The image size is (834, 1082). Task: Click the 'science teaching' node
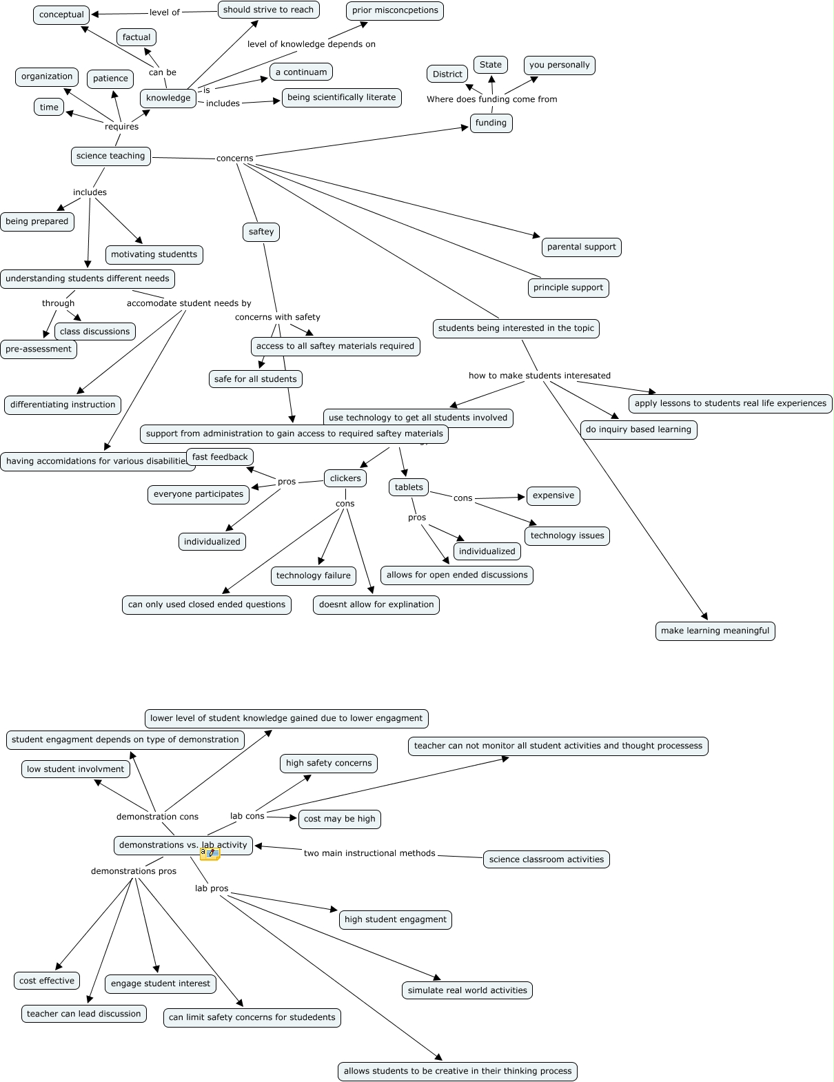click(110, 156)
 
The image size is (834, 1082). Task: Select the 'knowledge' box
click(168, 98)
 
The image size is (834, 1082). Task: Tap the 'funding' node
click(491, 123)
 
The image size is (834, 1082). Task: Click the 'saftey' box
click(261, 232)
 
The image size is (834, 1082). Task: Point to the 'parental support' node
click(581, 247)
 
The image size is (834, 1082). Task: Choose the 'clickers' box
click(345, 478)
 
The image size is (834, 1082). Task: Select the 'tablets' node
click(409, 487)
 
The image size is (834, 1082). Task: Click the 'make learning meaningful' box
click(715, 631)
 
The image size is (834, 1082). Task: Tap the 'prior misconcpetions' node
click(394, 10)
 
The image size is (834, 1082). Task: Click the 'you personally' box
click(559, 65)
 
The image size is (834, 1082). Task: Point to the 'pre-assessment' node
click(39, 349)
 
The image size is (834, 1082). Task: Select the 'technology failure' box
click(313, 575)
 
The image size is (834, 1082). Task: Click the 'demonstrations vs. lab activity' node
click(183, 845)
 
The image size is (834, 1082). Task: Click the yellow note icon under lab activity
click(210, 854)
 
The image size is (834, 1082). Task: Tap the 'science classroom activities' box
click(546, 859)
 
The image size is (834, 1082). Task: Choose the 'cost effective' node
click(47, 981)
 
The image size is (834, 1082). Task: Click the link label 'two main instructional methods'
click(369, 853)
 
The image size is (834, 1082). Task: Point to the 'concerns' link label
click(234, 159)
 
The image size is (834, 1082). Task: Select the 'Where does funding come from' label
click(491, 99)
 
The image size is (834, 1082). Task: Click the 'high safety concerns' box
click(328, 763)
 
